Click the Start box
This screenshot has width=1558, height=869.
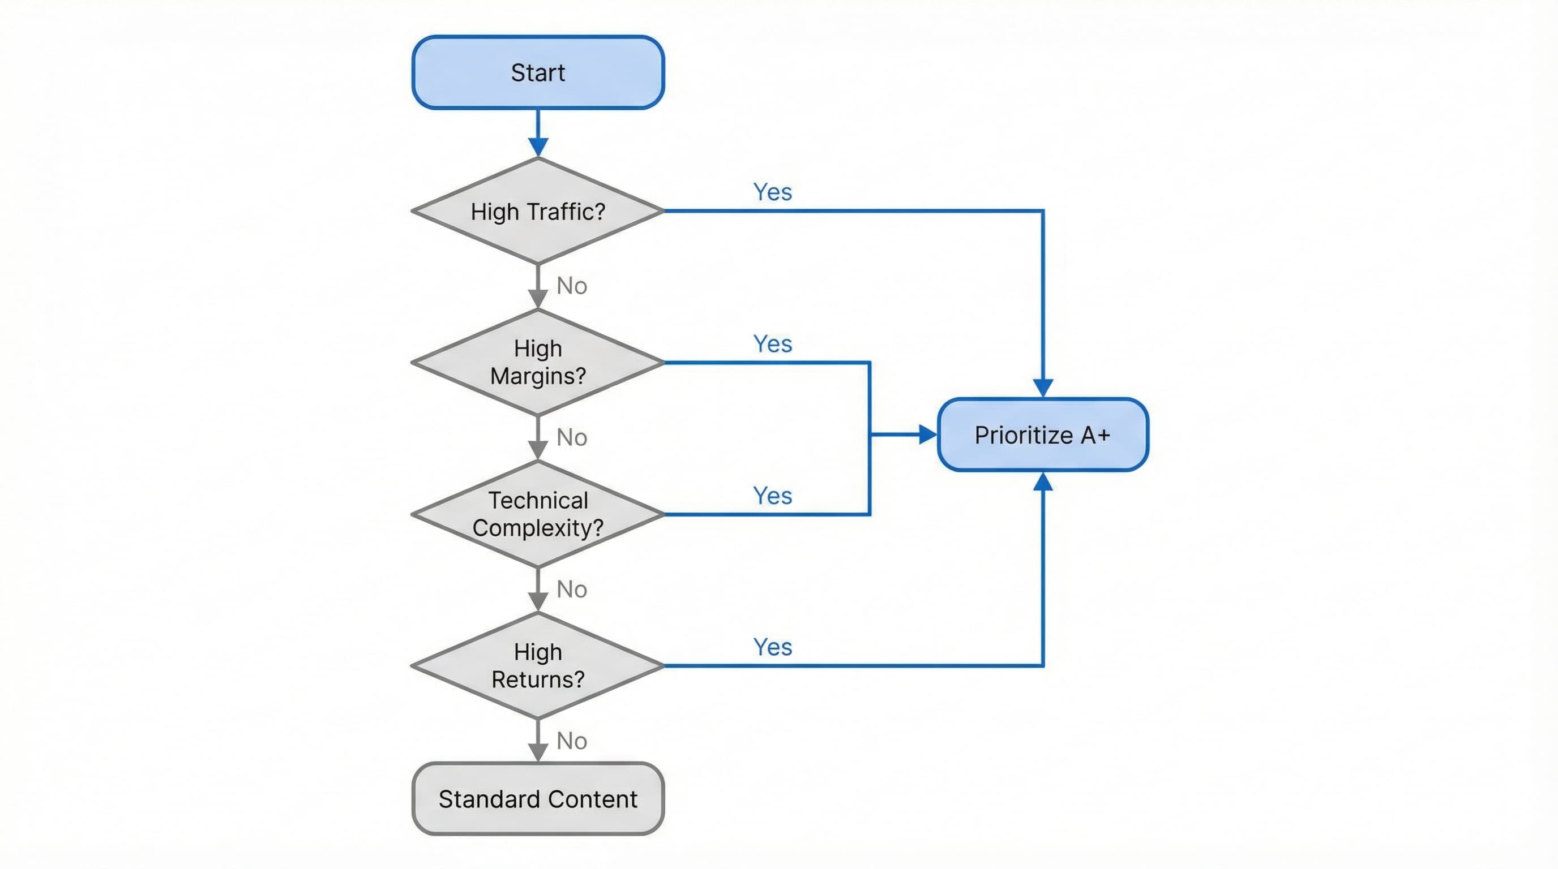pos(538,72)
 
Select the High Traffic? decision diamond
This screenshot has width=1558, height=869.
pos(538,212)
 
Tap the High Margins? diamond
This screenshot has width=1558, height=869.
pos(538,362)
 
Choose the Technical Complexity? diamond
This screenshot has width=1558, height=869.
pos(538,514)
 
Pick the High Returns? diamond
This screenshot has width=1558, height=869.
pos(538,665)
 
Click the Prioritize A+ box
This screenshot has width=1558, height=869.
pos(1042,434)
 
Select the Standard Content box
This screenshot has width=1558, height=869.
pos(538,799)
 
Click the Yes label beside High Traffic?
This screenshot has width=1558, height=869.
pos(772,192)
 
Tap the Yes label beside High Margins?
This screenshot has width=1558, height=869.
pos(772,344)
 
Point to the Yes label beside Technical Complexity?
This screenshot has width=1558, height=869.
pos(772,496)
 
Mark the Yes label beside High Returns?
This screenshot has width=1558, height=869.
pos(772,647)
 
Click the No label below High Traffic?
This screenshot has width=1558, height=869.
pos(572,286)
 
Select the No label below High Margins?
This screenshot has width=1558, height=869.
pos(572,437)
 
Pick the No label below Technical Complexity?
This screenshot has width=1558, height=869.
pos(572,589)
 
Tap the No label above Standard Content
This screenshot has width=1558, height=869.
pos(572,741)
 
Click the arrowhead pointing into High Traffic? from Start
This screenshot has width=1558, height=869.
pos(538,147)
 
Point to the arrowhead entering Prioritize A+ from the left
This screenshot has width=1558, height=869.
pos(927,434)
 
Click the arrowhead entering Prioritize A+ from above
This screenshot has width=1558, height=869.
pos(1043,388)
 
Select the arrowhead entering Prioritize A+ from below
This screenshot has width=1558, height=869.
pos(1043,482)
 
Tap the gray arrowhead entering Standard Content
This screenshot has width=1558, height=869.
pos(538,752)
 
